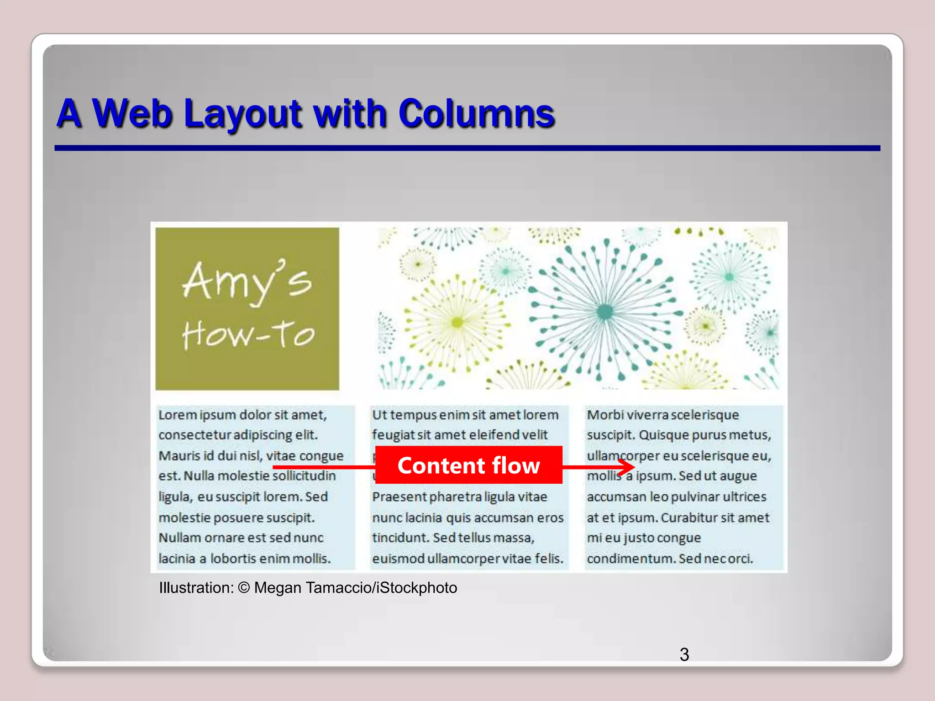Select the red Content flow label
(x=468, y=465)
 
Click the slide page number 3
(x=684, y=654)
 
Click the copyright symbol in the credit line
(x=244, y=588)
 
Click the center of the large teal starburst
(x=605, y=312)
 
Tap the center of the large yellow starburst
(x=457, y=323)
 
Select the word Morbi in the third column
(x=605, y=415)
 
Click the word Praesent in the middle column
(x=399, y=497)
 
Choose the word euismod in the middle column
(x=398, y=559)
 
